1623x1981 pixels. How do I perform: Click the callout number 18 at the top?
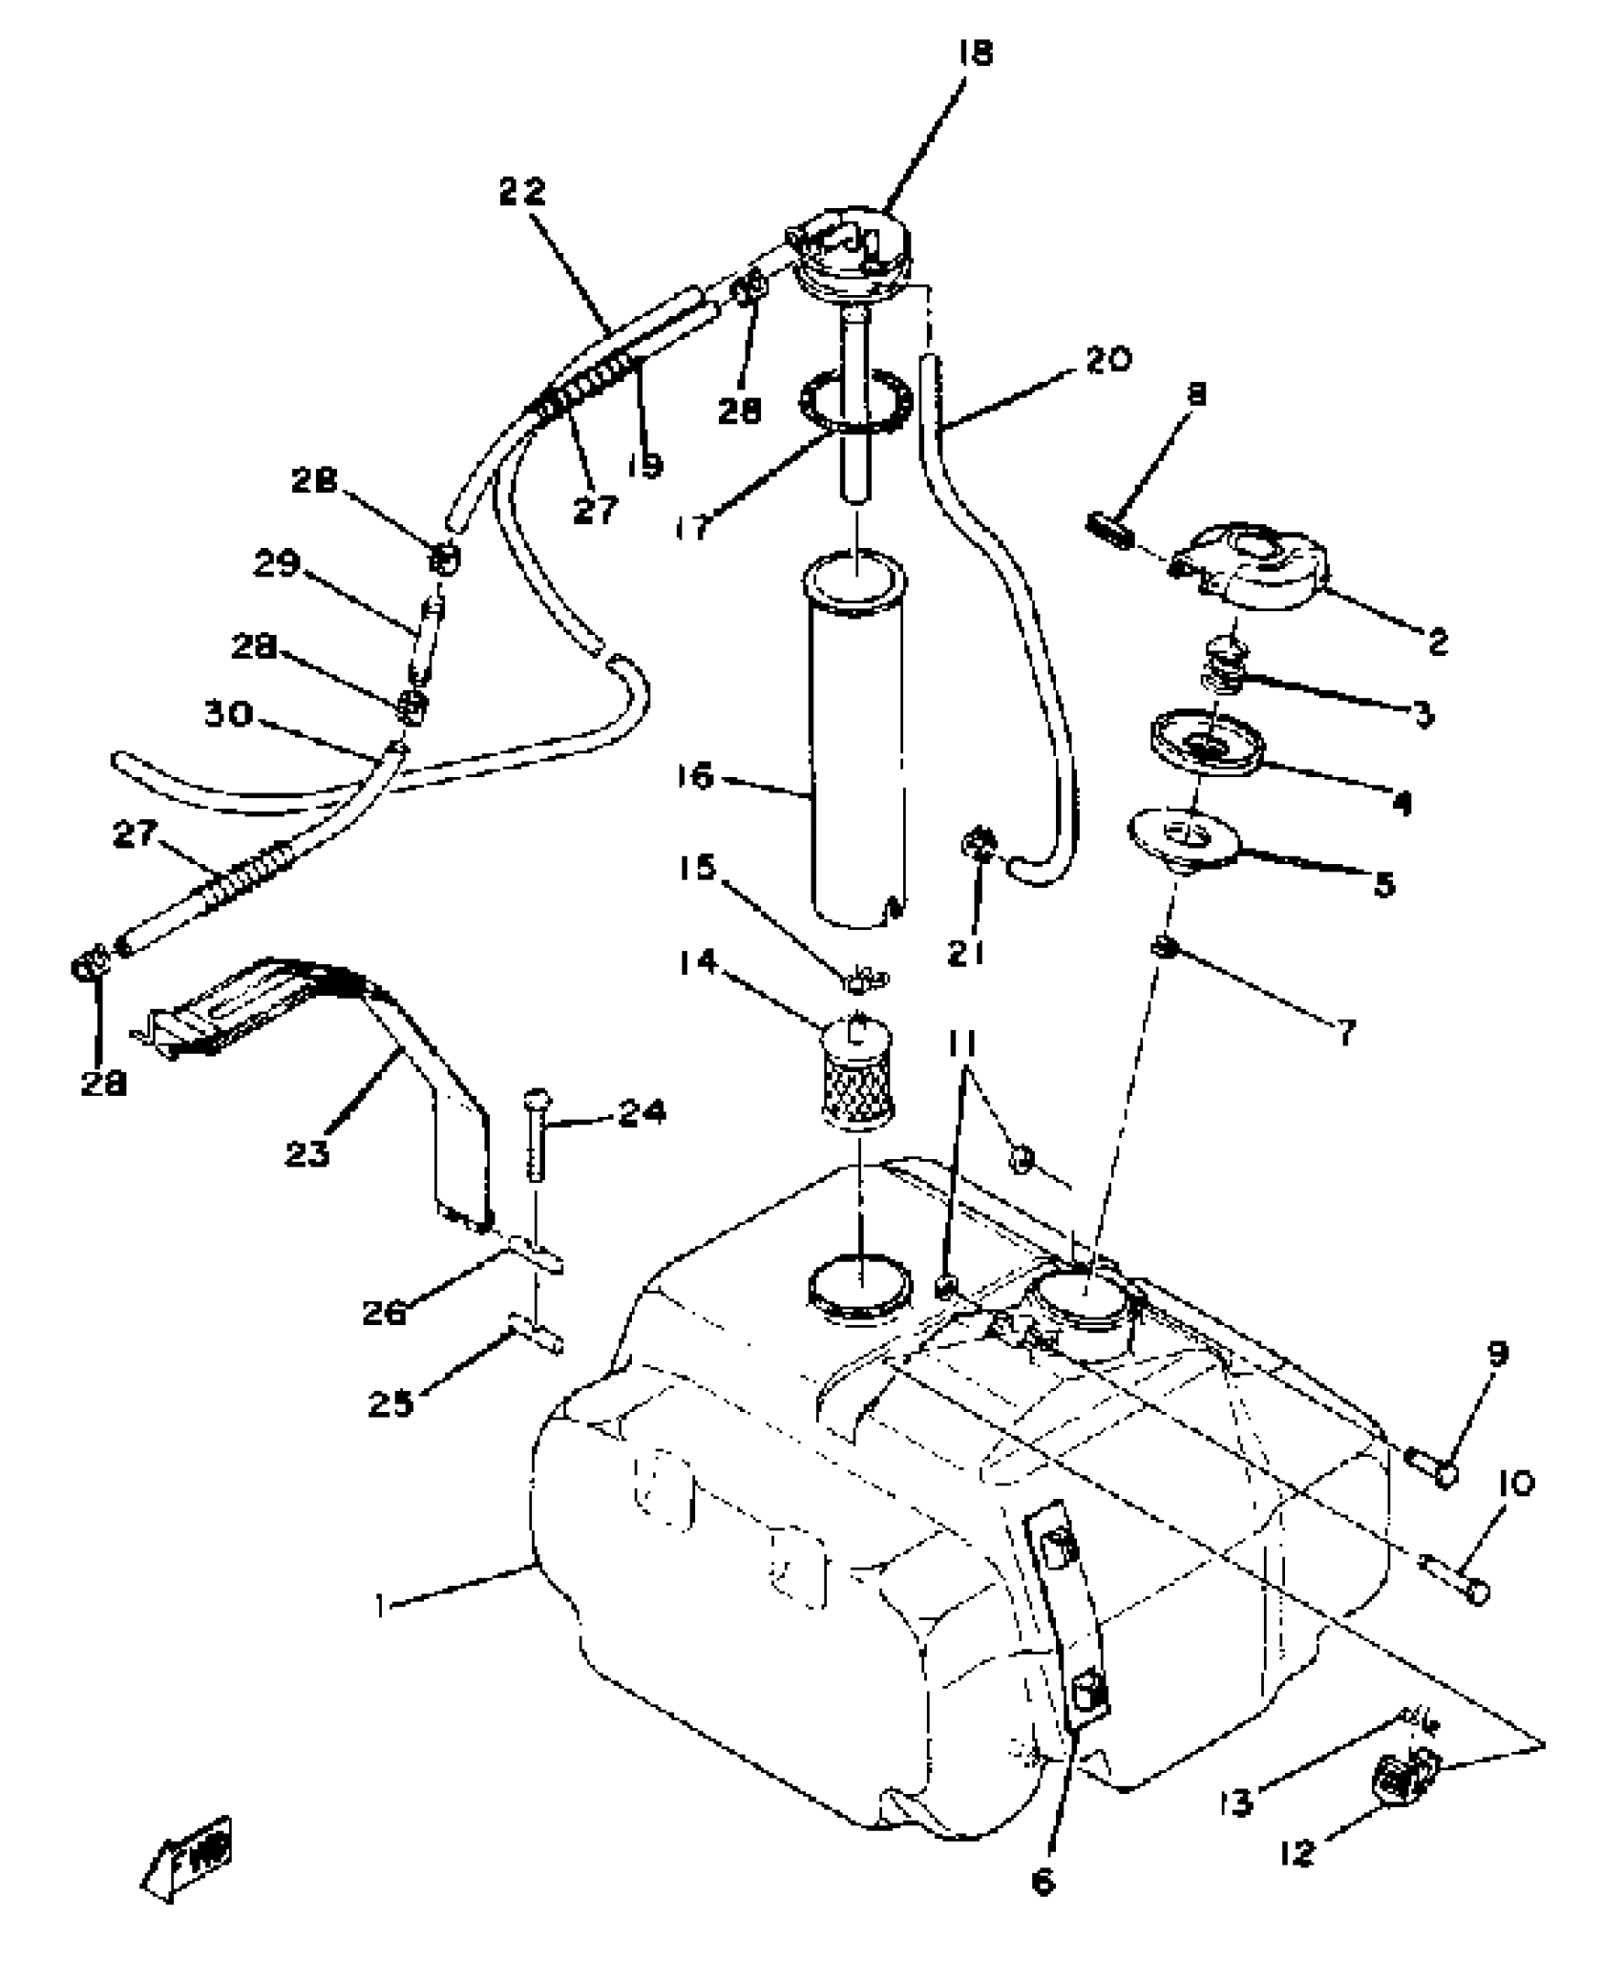tap(975, 53)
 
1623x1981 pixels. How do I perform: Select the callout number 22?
tap(521, 192)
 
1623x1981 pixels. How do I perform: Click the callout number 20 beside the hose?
tap(1107, 360)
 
